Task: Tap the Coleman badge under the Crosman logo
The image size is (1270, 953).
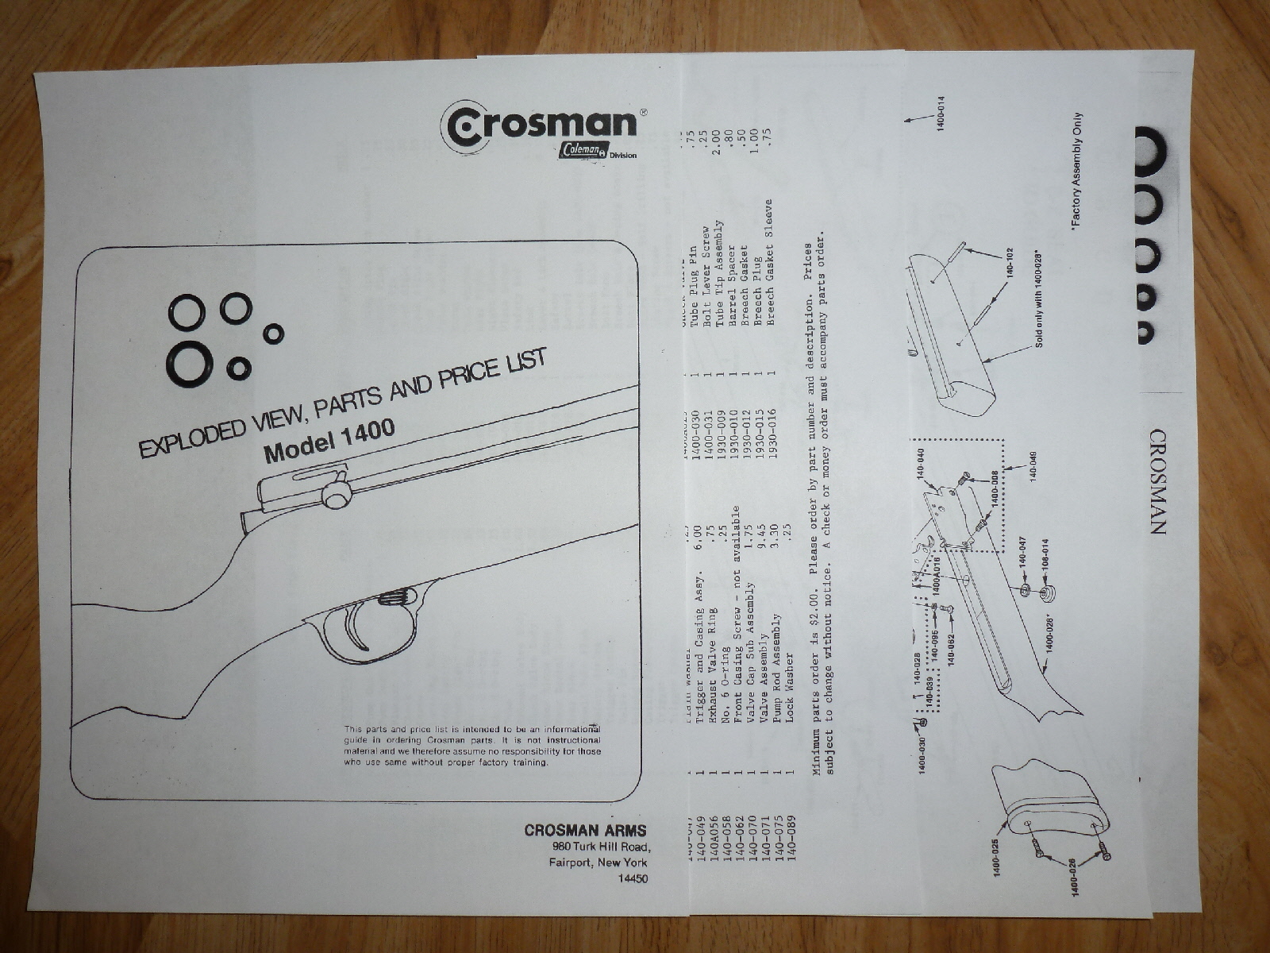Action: point(582,150)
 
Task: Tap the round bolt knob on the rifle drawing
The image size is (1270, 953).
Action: point(337,496)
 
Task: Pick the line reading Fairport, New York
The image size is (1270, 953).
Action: point(598,862)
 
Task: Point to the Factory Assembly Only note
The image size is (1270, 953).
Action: point(1076,170)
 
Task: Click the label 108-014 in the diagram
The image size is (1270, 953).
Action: point(1046,566)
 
